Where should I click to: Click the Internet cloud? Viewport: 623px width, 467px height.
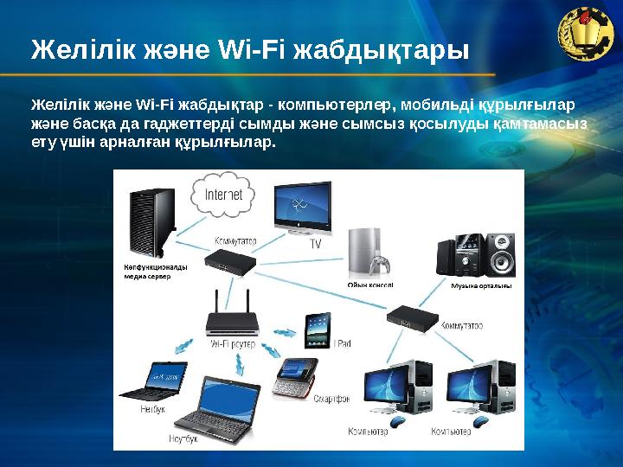pyautogui.click(x=222, y=195)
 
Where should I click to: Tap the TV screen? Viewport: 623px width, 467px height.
pyautogui.click(x=302, y=207)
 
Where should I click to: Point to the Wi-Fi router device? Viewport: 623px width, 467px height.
pyautogui.click(x=232, y=321)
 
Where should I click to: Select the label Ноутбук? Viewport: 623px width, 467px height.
pyautogui.click(x=184, y=438)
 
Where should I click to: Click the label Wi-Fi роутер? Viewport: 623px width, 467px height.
pyautogui.click(x=234, y=343)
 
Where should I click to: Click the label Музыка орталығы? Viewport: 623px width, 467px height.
pyautogui.click(x=481, y=285)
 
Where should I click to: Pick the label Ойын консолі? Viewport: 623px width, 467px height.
pyautogui.click(x=369, y=284)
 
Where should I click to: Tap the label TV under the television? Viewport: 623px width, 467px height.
pyautogui.click(x=316, y=245)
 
